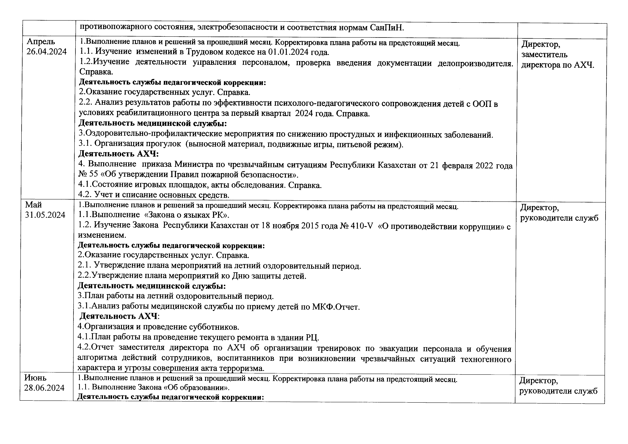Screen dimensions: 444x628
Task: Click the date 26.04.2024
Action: [x=47, y=52]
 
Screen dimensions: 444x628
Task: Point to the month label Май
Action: [x=33, y=205]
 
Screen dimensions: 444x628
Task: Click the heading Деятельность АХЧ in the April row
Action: [x=118, y=154]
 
